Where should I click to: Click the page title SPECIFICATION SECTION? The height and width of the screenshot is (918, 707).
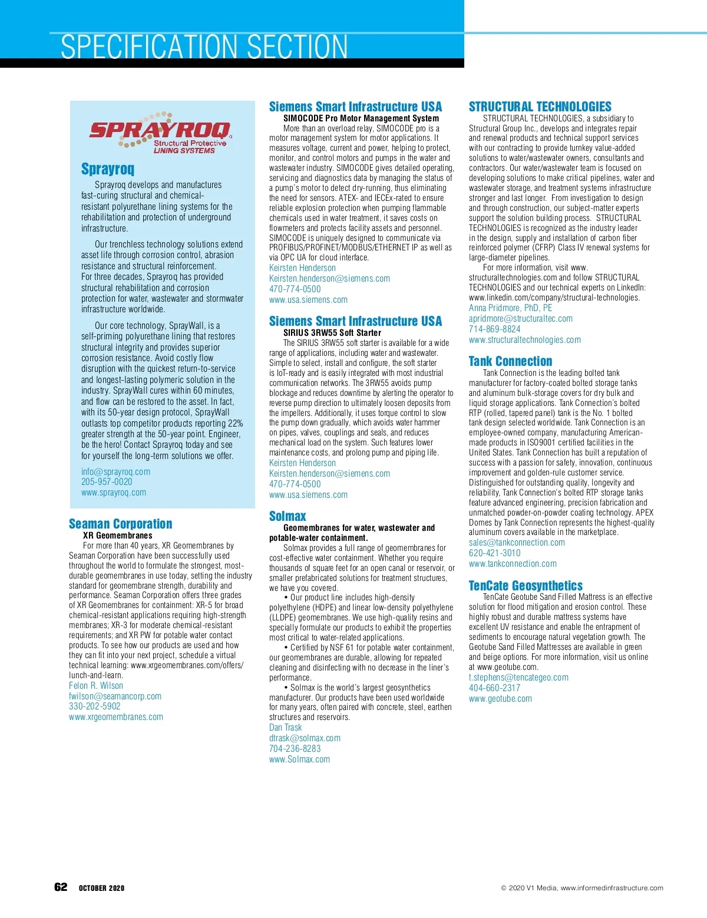point(204,47)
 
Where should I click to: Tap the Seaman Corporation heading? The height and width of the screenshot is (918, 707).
point(120,524)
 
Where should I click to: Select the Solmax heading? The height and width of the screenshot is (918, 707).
point(288,516)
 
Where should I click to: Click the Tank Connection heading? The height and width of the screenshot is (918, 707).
point(510,361)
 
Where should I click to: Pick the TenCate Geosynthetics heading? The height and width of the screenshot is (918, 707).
point(526,586)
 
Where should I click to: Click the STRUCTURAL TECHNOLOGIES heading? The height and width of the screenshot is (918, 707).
point(540,107)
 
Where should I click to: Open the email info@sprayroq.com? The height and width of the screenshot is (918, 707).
point(115,471)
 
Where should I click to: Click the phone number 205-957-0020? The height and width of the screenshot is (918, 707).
point(107,482)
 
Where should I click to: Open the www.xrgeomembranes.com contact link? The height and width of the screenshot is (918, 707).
point(116,717)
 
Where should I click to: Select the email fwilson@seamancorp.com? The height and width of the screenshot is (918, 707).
point(115,696)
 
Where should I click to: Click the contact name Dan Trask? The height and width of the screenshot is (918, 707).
point(285,728)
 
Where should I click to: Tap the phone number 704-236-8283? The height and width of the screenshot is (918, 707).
point(295,748)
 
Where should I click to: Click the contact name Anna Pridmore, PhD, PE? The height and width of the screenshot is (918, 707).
point(510,308)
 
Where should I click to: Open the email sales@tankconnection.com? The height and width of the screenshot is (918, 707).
point(517,543)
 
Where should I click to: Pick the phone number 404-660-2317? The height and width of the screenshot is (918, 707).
point(494,688)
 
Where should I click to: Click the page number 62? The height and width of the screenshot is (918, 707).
point(61,887)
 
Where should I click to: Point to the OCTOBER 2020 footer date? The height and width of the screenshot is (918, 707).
point(101,888)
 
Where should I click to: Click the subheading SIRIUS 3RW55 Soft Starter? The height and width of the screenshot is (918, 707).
point(332,333)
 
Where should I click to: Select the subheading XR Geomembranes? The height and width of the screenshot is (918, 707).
point(117,536)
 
